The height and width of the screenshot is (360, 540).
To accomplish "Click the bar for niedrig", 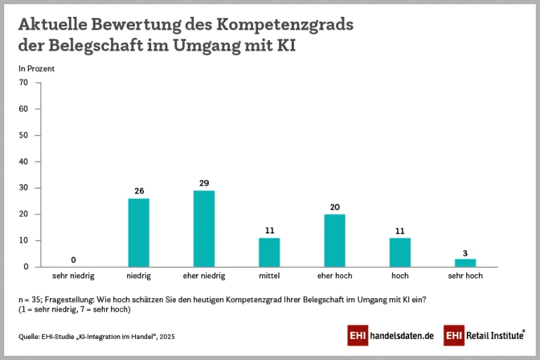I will click(139, 233).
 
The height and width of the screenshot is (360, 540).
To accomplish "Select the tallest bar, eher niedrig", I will click(204, 229).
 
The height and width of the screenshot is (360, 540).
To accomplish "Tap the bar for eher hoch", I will click(335, 240).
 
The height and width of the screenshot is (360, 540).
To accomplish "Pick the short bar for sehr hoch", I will click(465, 263).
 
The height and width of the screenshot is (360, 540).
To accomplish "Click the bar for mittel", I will click(269, 252).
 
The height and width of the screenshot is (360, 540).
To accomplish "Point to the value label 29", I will click(204, 184).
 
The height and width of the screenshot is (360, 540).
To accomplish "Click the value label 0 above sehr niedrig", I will click(73, 259).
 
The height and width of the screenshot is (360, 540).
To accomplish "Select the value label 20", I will click(335, 207).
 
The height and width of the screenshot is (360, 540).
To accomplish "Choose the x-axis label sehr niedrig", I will click(73, 276).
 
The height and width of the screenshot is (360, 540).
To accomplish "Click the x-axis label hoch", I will click(400, 276).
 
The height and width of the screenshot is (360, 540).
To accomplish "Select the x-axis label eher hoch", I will click(335, 276).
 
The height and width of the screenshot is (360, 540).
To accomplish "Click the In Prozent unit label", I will click(37, 69).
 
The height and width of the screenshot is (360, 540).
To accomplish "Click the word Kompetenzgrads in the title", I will click(285, 25).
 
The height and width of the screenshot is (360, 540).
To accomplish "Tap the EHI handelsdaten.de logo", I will click(390, 336).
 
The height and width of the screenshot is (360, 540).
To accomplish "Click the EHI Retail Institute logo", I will click(484, 336).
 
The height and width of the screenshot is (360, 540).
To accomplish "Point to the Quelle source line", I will click(96, 337).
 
